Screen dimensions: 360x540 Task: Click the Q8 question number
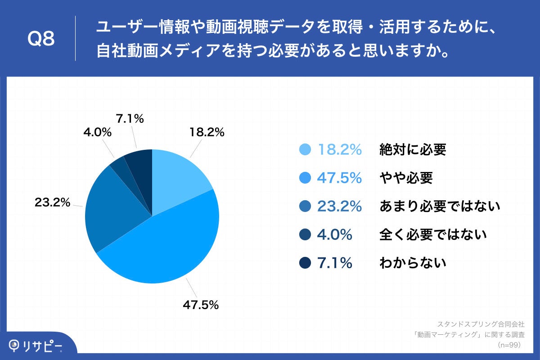(41, 40)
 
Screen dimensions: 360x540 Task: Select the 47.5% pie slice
(166, 247)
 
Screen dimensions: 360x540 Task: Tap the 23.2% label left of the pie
(52, 202)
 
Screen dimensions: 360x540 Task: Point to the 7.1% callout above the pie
(130, 119)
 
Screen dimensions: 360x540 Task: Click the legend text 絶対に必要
(413, 150)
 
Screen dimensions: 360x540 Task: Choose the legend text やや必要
(406, 178)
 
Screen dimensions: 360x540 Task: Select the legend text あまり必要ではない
(440, 206)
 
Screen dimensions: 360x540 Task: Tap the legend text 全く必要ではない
(433, 234)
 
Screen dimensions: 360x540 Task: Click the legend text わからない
(413, 263)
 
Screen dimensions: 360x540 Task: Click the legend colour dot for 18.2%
(305, 150)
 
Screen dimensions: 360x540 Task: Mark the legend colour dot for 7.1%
(305, 263)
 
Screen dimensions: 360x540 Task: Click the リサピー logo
(36, 346)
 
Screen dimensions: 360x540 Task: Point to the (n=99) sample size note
(509, 345)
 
